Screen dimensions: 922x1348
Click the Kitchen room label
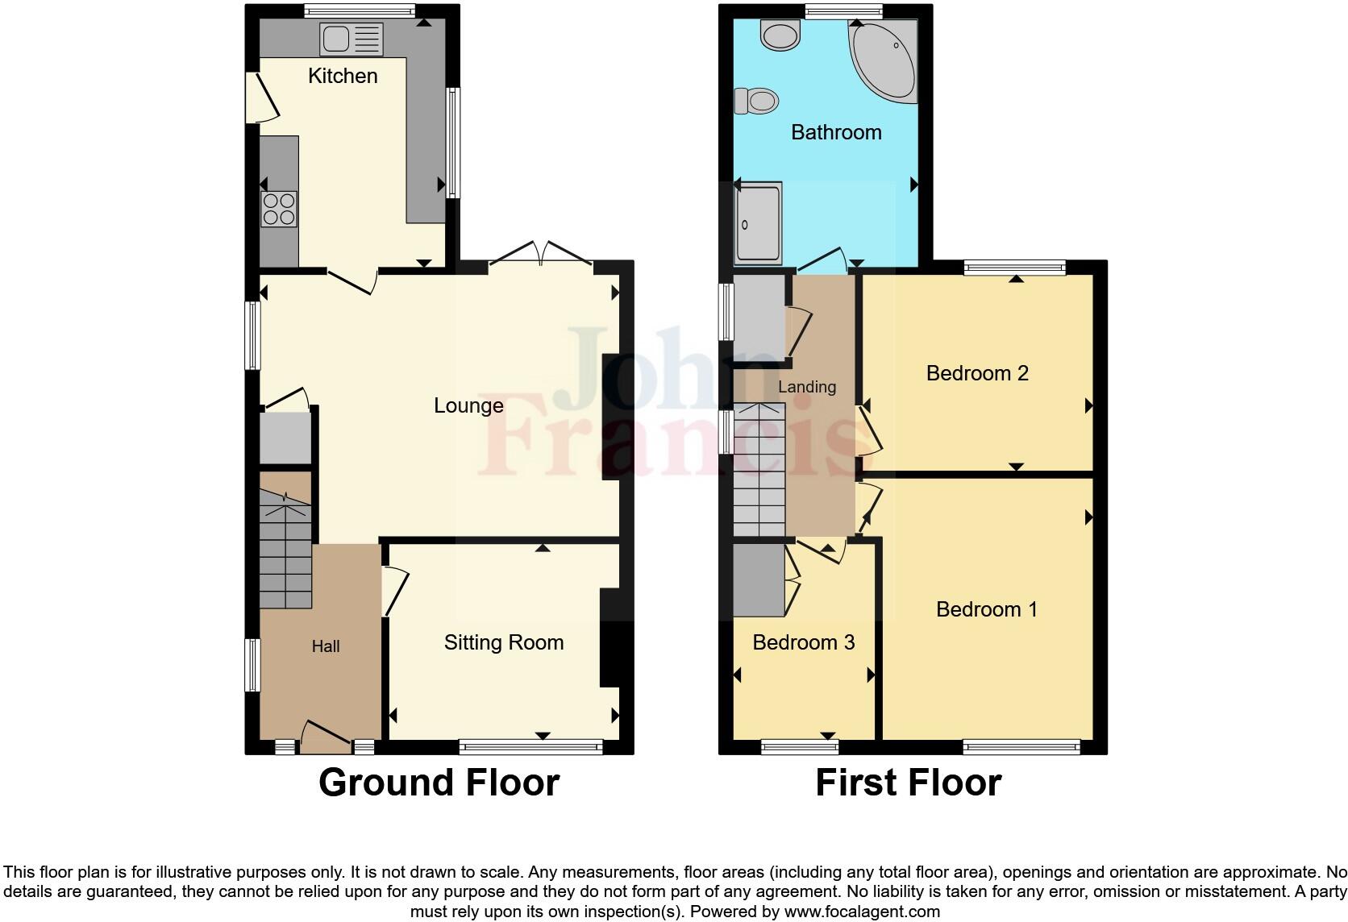tap(343, 76)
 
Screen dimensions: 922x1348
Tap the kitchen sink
tap(352, 39)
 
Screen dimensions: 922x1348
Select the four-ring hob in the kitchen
tap(278, 208)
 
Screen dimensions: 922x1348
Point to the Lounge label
tap(468, 405)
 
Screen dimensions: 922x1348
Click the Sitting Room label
tap(504, 642)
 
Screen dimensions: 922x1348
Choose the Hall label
tap(326, 646)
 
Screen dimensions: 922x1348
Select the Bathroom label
tap(836, 132)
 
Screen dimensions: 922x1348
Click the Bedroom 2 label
tap(977, 373)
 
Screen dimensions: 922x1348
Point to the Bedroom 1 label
tap(987, 609)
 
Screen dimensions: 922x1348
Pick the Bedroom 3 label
tap(803, 642)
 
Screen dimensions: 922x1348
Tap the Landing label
tap(806, 388)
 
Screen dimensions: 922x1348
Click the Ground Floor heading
tap(439, 783)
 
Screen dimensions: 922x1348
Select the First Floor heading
tap(908, 783)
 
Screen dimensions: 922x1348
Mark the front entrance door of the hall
tap(326, 735)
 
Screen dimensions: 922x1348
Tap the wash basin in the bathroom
tap(780, 35)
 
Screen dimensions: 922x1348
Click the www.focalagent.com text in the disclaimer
tap(862, 912)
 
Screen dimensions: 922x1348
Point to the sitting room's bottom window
tap(531, 747)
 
